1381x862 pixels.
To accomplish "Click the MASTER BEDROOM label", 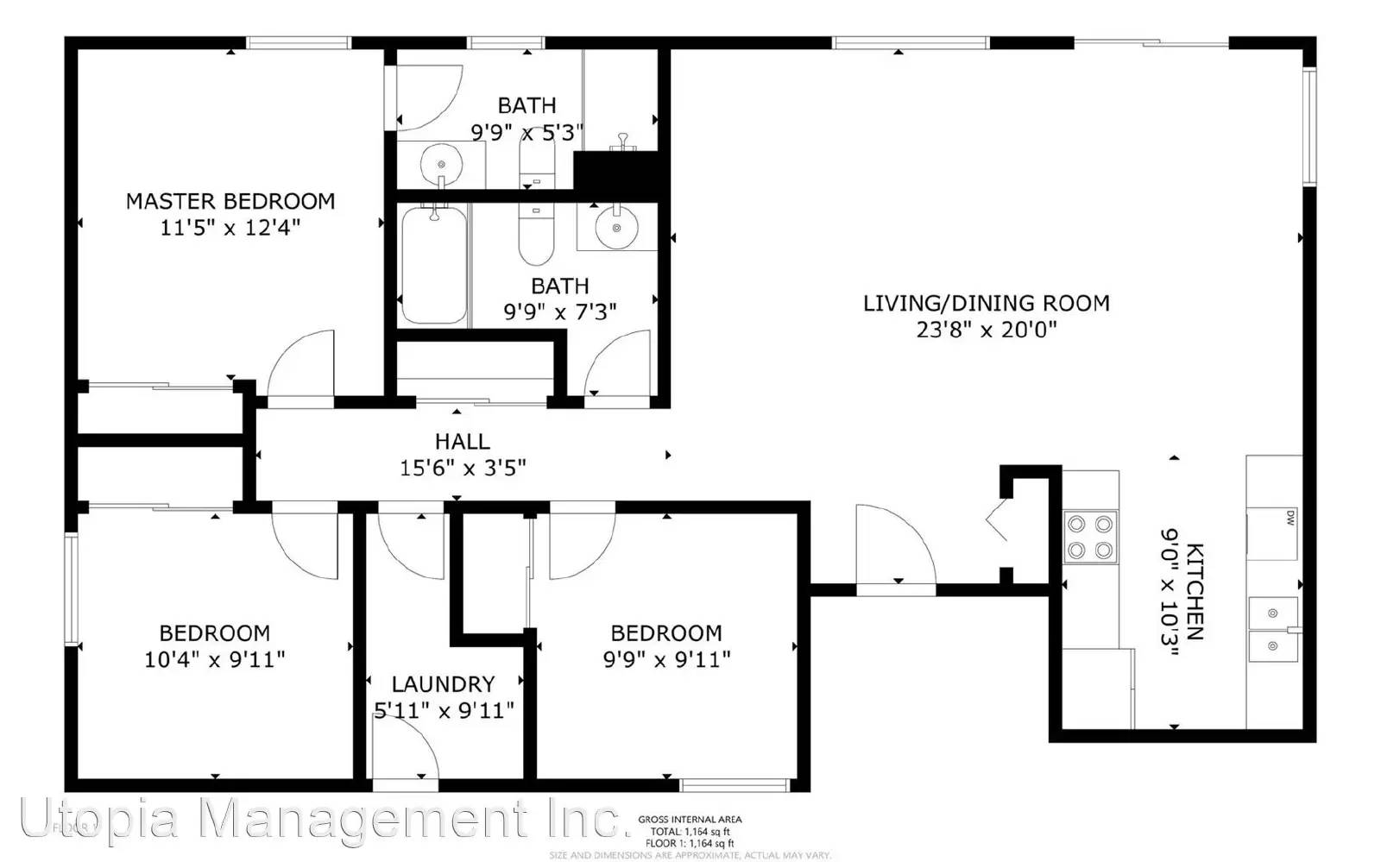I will click(x=230, y=201).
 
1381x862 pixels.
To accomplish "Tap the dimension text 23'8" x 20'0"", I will click(x=987, y=330).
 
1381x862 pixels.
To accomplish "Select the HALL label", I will click(x=462, y=441).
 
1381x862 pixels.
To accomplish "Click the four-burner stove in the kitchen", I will click(x=1090, y=537).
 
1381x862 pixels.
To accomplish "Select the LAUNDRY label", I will click(x=443, y=684).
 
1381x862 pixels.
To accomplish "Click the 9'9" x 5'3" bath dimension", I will click(x=527, y=132).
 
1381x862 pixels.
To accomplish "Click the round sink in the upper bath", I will click(x=442, y=163).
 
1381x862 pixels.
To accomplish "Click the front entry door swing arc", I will click(x=898, y=544).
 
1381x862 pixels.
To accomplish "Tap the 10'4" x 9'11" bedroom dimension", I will click(x=215, y=659).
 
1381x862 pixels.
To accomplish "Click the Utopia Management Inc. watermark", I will click(x=319, y=818).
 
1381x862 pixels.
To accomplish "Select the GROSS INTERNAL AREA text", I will click(x=690, y=820).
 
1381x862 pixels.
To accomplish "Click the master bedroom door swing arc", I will click(x=300, y=367).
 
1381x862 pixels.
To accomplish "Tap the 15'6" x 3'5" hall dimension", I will click(x=463, y=468).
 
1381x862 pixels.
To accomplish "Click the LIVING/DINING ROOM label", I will click(x=987, y=303).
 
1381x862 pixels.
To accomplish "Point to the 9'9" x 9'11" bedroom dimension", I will click(x=666, y=659).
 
